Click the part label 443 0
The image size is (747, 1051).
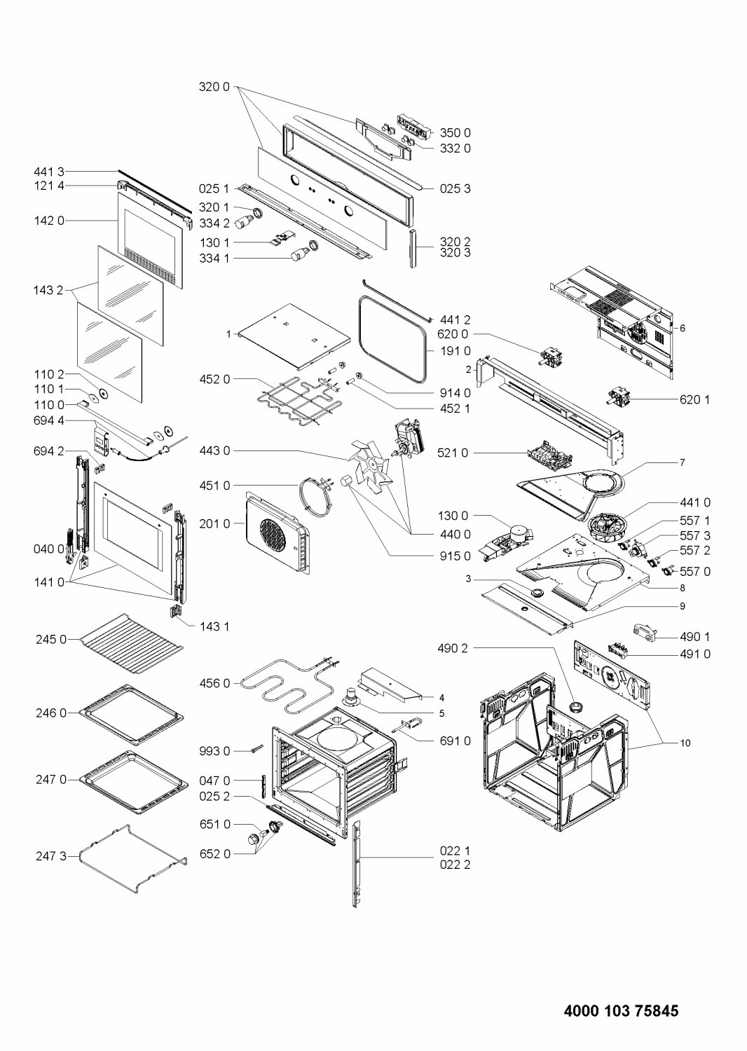(217, 451)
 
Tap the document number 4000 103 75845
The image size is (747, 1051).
(621, 1010)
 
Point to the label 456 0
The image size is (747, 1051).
(217, 682)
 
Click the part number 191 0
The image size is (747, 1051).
(455, 351)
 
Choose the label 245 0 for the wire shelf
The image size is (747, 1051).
(53, 639)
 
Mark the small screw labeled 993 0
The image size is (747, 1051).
(254, 750)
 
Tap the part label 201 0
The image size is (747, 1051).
(217, 523)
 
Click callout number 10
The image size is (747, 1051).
(685, 743)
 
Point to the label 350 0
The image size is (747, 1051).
(455, 132)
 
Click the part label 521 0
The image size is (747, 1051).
(455, 453)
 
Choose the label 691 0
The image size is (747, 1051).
(455, 741)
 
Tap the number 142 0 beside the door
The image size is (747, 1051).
(49, 220)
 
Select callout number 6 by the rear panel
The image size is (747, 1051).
(682, 328)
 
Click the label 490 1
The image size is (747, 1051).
(695, 636)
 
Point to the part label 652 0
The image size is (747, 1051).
(217, 853)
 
